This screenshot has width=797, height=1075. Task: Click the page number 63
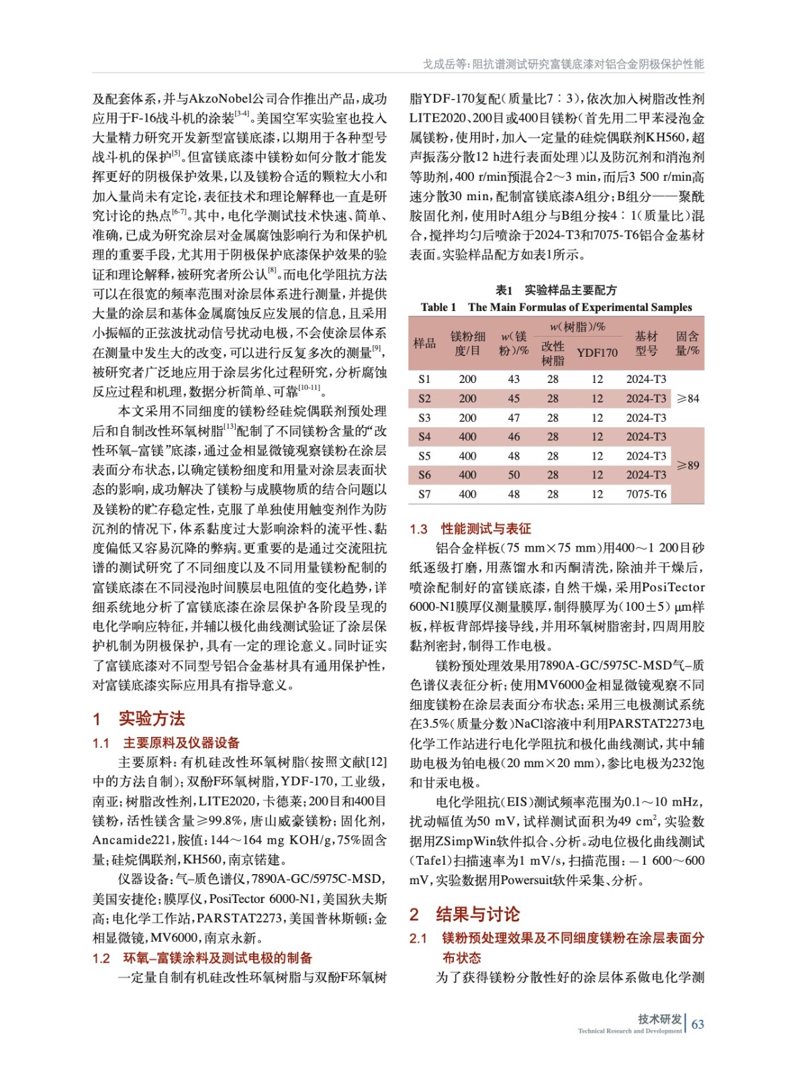[698, 1024]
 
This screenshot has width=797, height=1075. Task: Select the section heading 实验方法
[151, 718]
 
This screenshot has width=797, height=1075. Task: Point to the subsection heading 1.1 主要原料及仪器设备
[166, 742]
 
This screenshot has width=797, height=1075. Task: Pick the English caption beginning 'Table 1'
[556, 307]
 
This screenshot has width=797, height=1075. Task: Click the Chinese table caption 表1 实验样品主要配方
[556, 290]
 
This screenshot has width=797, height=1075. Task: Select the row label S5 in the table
[424, 456]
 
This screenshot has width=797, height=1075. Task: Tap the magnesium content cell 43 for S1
[514, 379]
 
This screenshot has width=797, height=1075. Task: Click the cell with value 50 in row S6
[514, 475]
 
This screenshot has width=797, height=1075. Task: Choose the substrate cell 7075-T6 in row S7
[646, 494]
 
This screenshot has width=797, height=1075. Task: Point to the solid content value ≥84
[688, 398]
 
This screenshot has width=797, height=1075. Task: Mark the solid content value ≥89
[688, 465]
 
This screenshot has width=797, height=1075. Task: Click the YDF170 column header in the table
[597, 353]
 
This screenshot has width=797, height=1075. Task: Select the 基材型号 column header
[646, 343]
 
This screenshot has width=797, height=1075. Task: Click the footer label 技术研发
[659, 1019]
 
